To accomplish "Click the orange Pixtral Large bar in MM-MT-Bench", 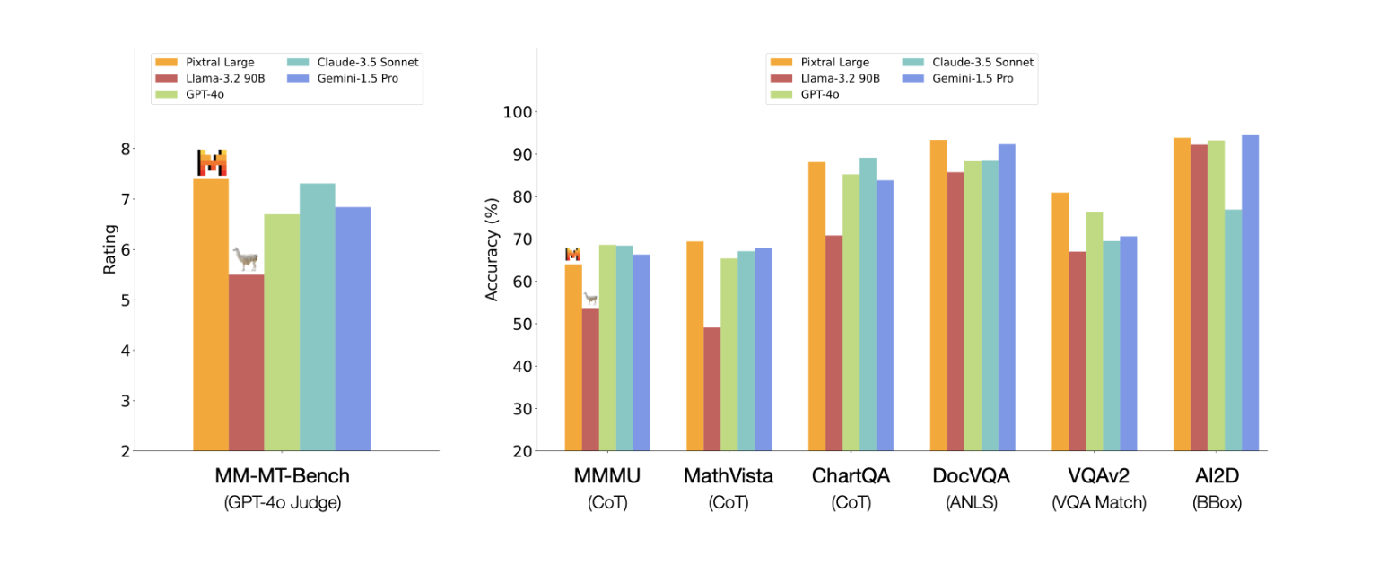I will tap(211, 314).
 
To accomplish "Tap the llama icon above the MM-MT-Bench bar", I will tap(245, 260).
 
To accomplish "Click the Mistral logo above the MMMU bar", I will tap(572, 254).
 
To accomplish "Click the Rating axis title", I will tap(109, 248).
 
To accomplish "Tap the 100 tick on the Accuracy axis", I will tap(519, 112).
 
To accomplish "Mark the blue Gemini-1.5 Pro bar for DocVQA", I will tap(1007, 297).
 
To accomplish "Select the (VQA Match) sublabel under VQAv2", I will tap(1098, 503).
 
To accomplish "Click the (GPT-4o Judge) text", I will tap(282, 503).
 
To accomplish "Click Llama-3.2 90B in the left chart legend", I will tap(218, 78).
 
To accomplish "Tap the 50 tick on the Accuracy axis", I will tap(523, 324).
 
